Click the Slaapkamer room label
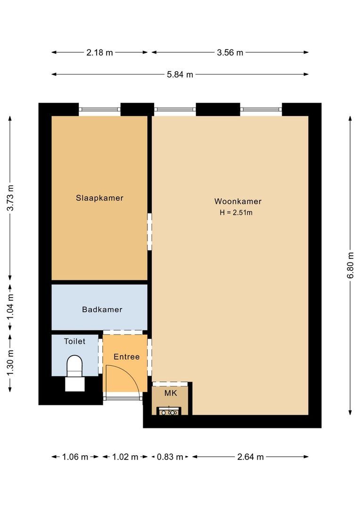99,198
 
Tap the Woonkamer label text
238,201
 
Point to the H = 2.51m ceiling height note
236,213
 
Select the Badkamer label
102,309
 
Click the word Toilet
74,341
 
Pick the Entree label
127,357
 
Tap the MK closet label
171,393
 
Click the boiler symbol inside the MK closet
169,411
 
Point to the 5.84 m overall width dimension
180,74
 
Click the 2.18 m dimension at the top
99,52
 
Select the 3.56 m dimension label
230,52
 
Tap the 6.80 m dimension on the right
350,265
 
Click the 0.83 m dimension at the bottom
170,457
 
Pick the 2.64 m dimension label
250,457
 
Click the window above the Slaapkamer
99,109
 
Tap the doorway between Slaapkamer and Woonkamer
150,231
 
